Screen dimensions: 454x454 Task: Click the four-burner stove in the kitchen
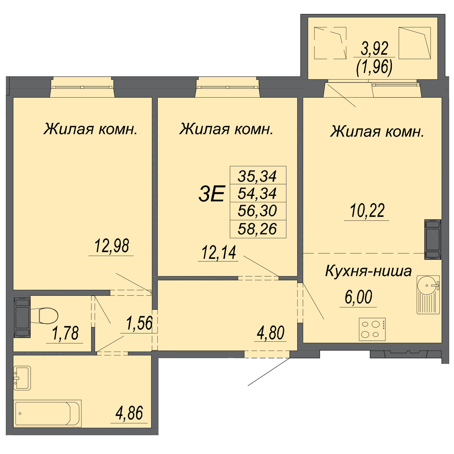tap(372, 329)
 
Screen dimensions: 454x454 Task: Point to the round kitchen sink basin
tap(427, 285)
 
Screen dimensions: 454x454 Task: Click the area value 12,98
tap(112, 246)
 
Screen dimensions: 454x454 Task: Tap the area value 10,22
tap(367, 210)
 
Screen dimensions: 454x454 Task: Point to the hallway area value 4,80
tap(270, 333)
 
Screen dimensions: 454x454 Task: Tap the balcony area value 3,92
tap(374, 49)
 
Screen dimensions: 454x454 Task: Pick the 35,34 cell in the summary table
tap(257, 176)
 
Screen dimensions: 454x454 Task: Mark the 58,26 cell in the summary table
tap(257, 229)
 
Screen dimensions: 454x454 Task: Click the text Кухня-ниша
tap(368, 271)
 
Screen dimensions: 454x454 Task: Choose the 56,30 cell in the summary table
tap(257, 211)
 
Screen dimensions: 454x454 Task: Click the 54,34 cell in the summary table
tap(257, 193)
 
